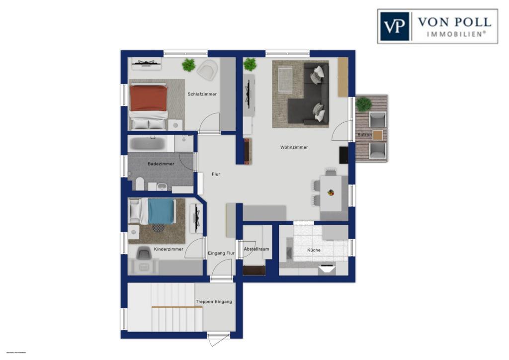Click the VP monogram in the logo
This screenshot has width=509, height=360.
[x=395, y=26]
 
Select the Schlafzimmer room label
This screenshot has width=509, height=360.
[x=202, y=94]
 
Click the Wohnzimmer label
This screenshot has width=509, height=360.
[x=294, y=147]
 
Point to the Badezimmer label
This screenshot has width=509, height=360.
[x=161, y=164]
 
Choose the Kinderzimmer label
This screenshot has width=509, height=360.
[x=168, y=249]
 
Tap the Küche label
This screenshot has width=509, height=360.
[x=314, y=250]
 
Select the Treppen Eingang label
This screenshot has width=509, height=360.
[x=214, y=301]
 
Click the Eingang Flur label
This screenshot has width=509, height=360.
[x=221, y=253]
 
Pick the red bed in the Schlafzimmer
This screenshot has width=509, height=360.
[x=148, y=98]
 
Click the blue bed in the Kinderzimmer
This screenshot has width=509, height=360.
[x=161, y=211]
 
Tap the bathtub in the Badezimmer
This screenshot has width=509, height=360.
[x=147, y=144]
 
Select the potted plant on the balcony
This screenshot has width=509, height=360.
[x=363, y=104]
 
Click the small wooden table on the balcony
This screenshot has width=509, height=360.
[x=378, y=135]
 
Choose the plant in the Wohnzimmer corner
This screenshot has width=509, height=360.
[x=250, y=64]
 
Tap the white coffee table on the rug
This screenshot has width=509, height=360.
[x=285, y=79]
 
